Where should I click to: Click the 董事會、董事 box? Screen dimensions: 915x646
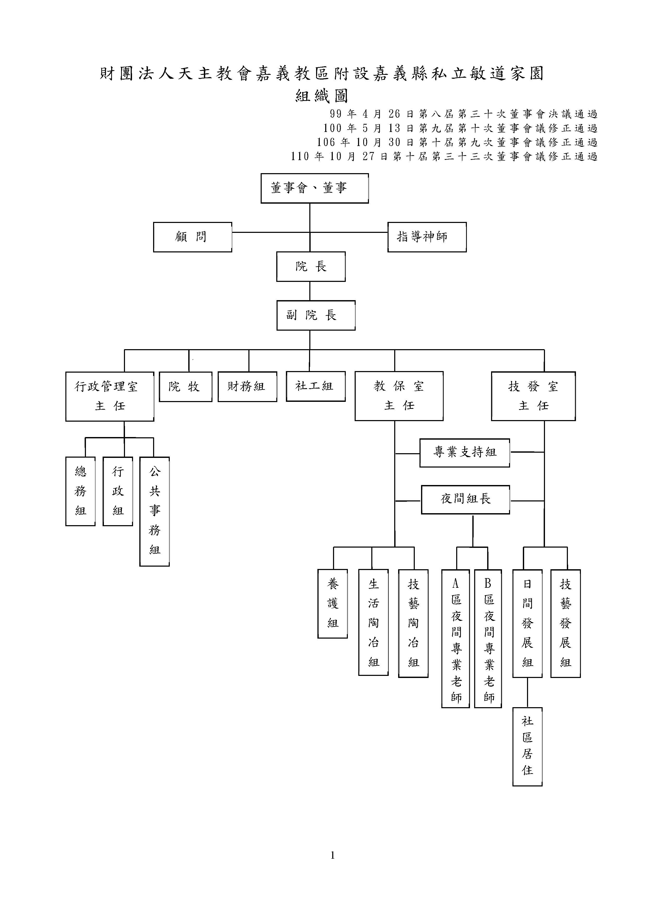(315, 188)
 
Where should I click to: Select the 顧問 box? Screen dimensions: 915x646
(192, 237)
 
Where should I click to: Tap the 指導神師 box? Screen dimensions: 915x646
(427, 237)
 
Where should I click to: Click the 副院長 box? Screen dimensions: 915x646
(316, 315)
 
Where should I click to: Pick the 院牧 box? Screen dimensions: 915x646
(185, 386)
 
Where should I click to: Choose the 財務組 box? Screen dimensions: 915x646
(247, 386)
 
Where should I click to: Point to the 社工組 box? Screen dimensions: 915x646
(315, 386)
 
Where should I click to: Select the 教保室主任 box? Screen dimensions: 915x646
(399, 396)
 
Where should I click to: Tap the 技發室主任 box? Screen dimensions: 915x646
(533, 396)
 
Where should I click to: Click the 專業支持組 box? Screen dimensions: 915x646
(465, 453)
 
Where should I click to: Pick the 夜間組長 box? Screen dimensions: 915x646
(465, 499)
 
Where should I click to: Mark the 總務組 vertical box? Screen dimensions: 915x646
(80, 491)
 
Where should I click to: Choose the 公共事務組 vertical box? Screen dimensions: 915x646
(154, 511)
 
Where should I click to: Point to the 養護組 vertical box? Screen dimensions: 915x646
(332, 603)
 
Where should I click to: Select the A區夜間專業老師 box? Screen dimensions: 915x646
(455, 638)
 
